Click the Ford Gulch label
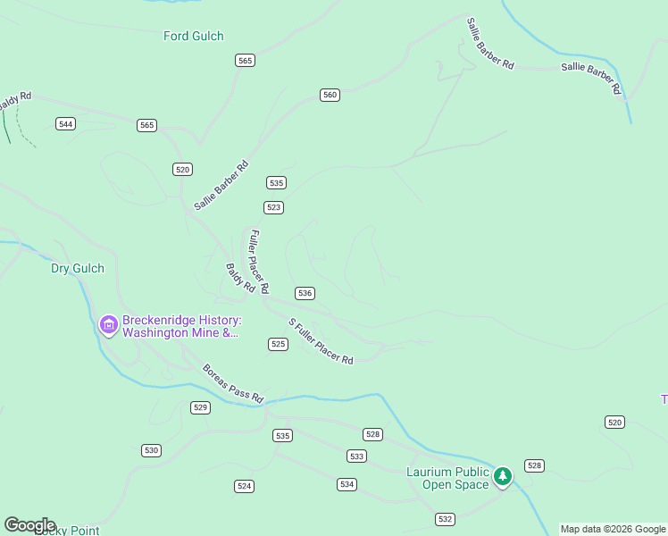(193, 37)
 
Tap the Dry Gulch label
(77, 268)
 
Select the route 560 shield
(330, 95)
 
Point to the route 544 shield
(65, 123)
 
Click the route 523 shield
(274, 207)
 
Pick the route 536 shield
(305, 293)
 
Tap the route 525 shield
(278, 344)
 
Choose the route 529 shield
(200, 407)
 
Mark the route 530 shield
(151, 450)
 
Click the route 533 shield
(356, 456)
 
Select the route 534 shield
(347, 484)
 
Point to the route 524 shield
(244, 486)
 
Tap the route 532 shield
(445, 519)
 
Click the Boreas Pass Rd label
(233, 383)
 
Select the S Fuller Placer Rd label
(321, 340)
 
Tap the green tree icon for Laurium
(503, 477)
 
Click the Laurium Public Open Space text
(447, 478)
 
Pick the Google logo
(29, 525)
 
